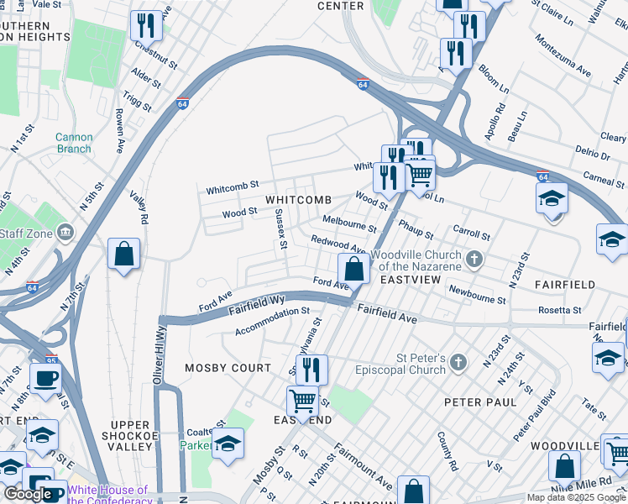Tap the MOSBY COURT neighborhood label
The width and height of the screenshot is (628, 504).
tap(228, 368)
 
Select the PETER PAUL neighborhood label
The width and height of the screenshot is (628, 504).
tap(481, 402)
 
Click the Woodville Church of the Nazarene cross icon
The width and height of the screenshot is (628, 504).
tap(474, 259)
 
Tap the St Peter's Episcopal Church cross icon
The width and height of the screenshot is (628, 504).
tap(458, 362)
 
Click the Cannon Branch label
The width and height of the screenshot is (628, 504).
tap(74, 143)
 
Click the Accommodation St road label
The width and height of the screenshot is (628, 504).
tap(273, 320)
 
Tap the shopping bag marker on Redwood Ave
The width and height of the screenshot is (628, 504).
tap(354, 270)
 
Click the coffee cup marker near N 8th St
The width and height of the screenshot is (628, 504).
tap(45, 378)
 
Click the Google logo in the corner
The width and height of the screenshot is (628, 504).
tap(29, 494)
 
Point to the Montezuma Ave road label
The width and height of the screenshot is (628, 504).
tap(563, 56)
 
